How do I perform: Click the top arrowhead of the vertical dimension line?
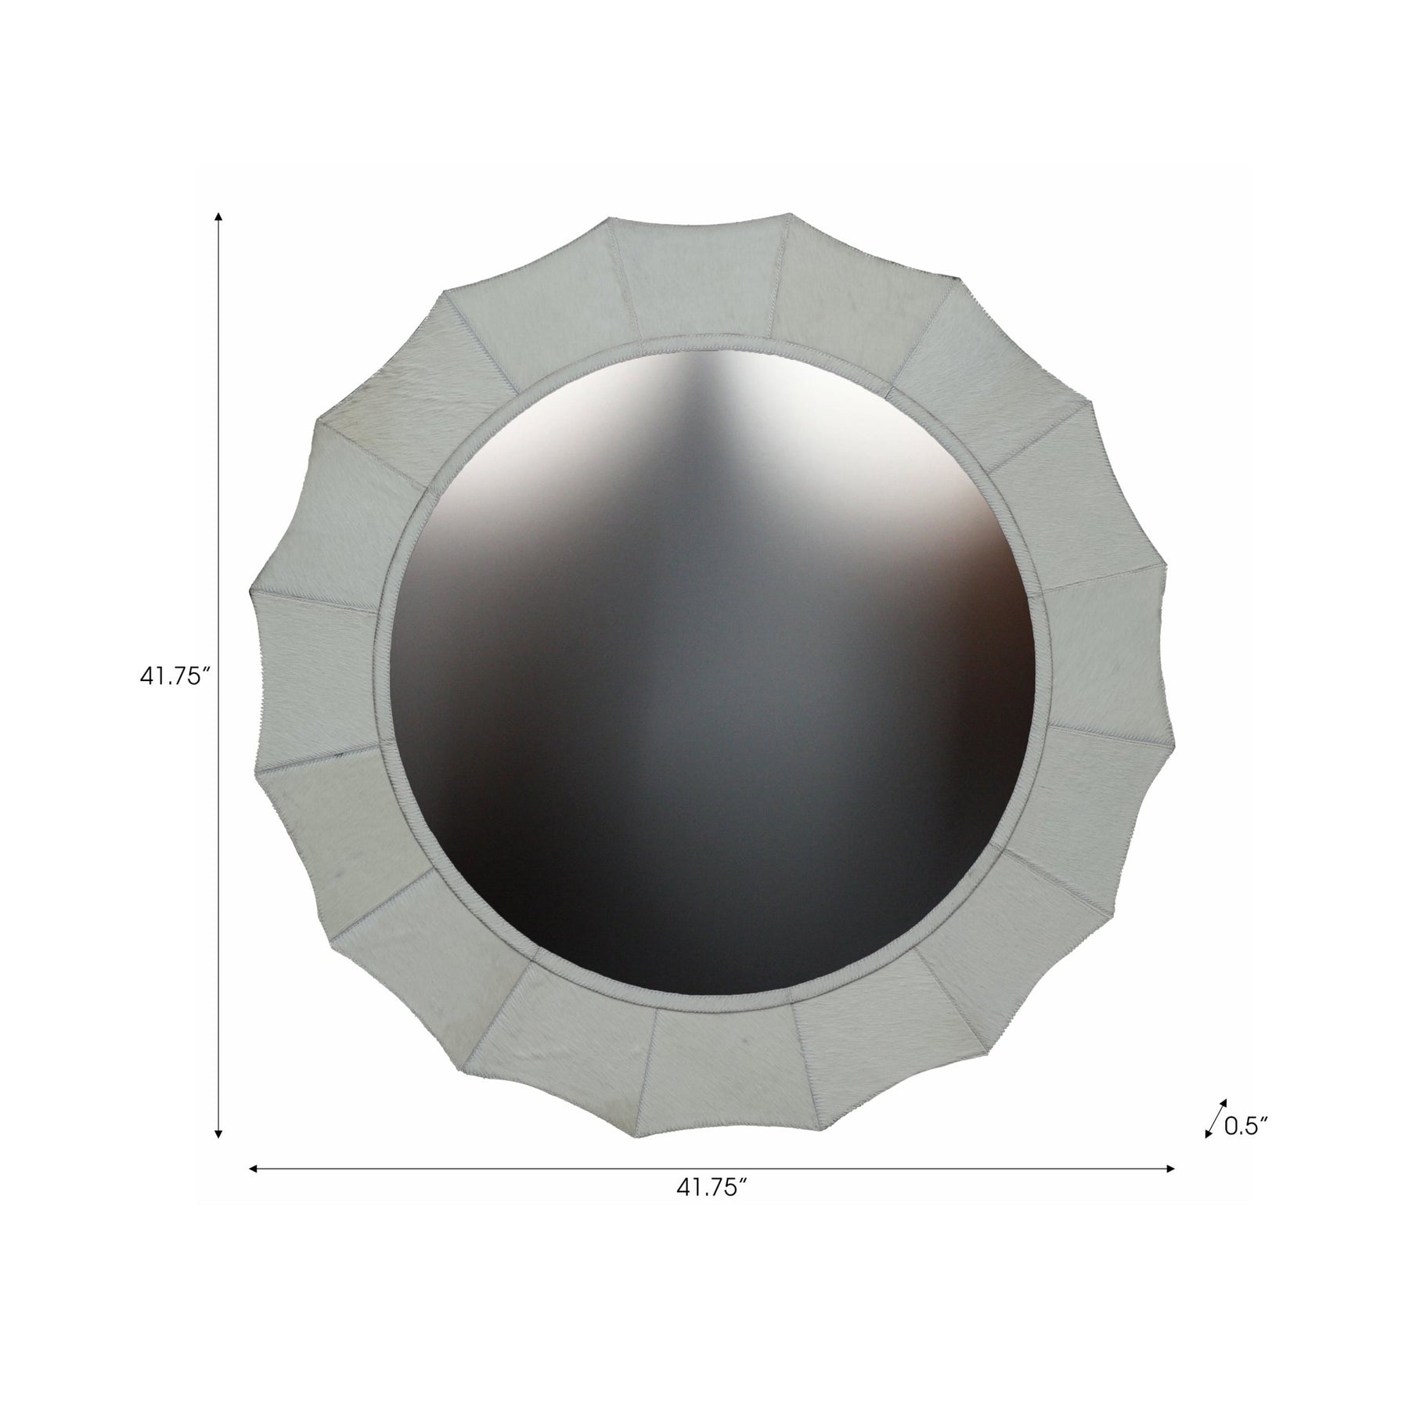[x=219, y=218]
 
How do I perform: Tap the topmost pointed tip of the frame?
[x=789, y=213]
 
